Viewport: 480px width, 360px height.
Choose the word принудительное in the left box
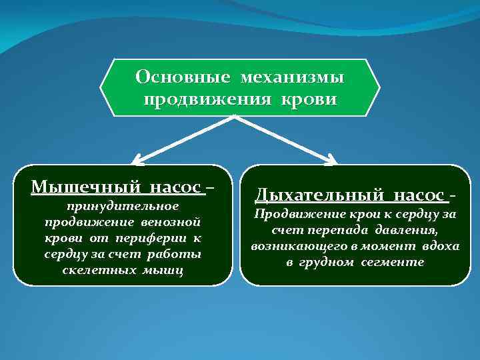(x=123, y=205)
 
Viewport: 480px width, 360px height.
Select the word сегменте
(x=393, y=262)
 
